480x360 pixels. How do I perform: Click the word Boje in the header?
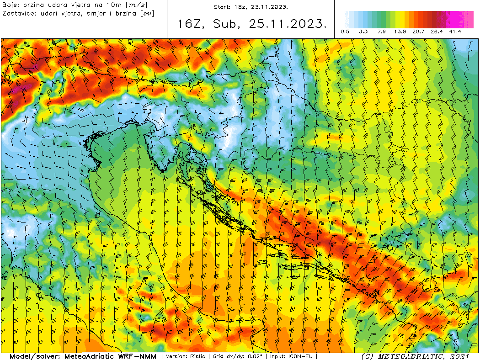(10, 5)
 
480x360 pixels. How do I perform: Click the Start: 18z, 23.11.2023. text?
(251, 7)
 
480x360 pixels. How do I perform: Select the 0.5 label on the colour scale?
(345, 32)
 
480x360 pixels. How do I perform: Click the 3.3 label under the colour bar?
(363, 32)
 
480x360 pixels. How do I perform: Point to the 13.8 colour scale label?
(400, 32)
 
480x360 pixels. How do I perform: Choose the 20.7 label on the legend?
(418, 32)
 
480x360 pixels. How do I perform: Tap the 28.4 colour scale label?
(437, 32)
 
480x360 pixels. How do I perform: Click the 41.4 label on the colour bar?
(455, 32)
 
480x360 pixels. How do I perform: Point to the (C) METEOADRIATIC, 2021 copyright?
(415, 356)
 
